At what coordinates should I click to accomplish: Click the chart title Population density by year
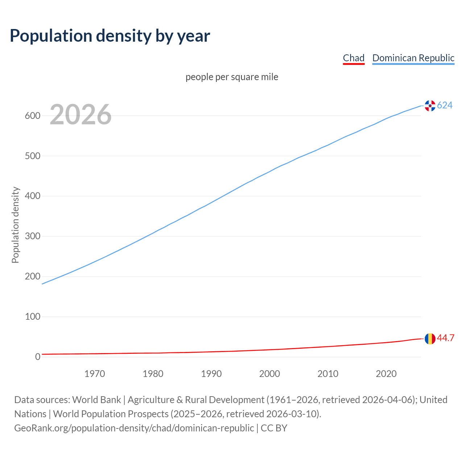click(x=110, y=36)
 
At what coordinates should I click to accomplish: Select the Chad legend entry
click(x=353, y=58)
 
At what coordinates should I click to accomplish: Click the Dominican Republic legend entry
click(x=413, y=58)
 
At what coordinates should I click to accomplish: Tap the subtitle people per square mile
click(x=232, y=77)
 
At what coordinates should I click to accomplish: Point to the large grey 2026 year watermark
click(x=80, y=115)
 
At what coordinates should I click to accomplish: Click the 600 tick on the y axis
click(x=32, y=116)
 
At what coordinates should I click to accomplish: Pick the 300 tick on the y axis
click(x=32, y=236)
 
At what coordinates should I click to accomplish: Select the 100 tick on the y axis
click(x=32, y=317)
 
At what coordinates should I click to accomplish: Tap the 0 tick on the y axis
click(x=38, y=357)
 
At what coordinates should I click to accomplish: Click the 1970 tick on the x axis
click(x=95, y=374)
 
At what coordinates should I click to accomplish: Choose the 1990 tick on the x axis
click(x=211, y=374)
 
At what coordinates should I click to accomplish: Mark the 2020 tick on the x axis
click(x=386, y=374)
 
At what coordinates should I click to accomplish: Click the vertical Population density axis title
click(x=15, y=225)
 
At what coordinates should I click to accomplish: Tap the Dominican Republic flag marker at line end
click(x=430, y=105)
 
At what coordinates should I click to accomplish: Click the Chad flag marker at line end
click(x=430, y=339)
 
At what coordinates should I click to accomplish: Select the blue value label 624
click(x=445, y=105)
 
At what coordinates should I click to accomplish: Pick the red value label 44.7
click(x=446, y=338)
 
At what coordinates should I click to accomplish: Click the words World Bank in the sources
click(x=96, y=400)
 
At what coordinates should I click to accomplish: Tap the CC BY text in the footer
click(x=274, y=428)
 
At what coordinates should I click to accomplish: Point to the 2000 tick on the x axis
click(x=270, y=374)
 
